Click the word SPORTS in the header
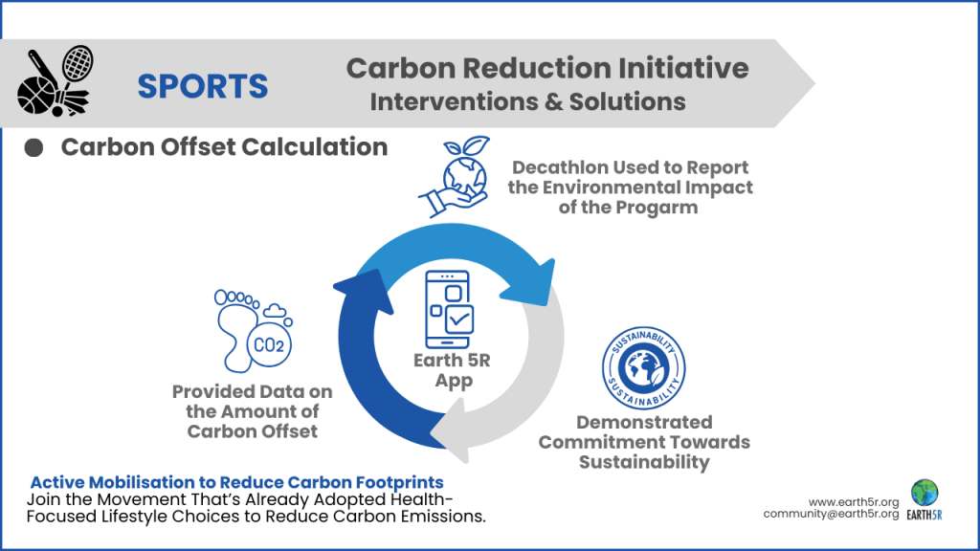(x=202, y=86)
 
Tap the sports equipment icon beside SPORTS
(x=54, y=83)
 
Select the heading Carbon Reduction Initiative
(x=546, y=68)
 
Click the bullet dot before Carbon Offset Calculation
(x=34, y=148)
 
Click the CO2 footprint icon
(x=253, y=327)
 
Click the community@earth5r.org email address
(x=831, y=514)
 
